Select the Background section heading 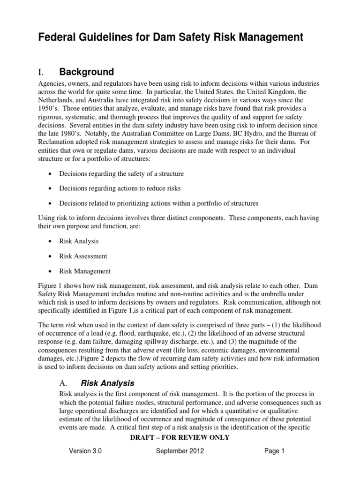point(86,72)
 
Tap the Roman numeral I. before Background point(41,72)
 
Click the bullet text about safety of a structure point(121,173)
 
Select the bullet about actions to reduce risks point(120,188)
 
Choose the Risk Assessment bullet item point(83,256)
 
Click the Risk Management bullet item point(85,271)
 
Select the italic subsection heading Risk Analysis point(108,383)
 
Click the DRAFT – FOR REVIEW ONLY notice point(180,437)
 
